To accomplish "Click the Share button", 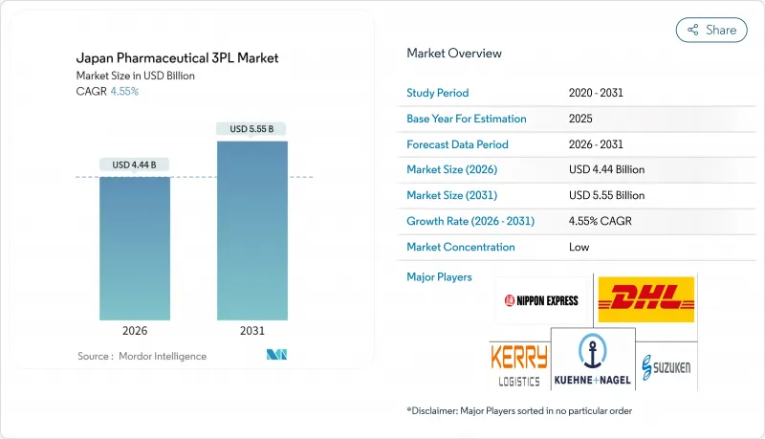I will click(711, 30).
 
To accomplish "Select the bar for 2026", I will click(135, 249).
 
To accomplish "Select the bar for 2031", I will click(252, 230).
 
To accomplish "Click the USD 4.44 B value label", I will click(135, 165).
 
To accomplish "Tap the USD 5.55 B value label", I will click(252, 128).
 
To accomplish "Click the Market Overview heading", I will click(454, 54).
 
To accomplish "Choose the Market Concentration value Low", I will click(579, 247).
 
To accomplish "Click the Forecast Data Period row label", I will click(457, 144).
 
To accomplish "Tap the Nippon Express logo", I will click(541, 300).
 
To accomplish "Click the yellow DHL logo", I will click(646, 299).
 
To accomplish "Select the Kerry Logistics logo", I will click(519, 364).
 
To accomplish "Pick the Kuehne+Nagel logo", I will click(592, 361).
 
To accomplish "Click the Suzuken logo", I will click(666, 364).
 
